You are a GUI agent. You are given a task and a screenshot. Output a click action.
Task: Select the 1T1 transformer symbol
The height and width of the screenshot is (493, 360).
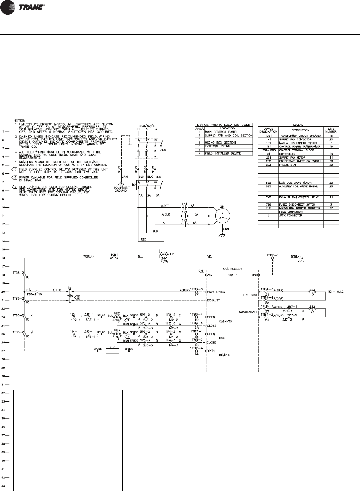tap(164, 255)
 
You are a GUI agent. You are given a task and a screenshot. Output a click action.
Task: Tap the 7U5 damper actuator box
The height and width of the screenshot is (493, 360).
tap(112, 351)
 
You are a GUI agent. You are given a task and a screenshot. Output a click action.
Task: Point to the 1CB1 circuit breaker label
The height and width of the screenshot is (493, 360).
tap(114, 255)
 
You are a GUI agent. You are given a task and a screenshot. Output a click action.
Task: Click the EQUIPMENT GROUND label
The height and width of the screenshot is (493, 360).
tap(121, 189)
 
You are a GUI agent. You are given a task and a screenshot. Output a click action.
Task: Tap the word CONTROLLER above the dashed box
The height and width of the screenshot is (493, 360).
tap(232, 269)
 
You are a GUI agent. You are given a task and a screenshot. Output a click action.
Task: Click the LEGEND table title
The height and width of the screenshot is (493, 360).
tap(298, 125)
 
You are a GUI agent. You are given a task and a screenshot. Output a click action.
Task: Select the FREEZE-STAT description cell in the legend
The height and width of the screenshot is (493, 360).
tap(288, 165)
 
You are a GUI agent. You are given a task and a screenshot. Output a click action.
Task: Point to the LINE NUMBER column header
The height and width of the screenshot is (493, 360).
tap(331, 130)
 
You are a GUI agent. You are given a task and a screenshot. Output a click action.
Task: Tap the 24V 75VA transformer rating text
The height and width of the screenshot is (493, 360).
tap(164, 264)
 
